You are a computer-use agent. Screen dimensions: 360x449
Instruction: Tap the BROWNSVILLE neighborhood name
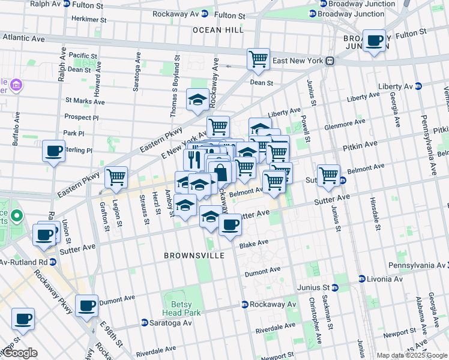194,256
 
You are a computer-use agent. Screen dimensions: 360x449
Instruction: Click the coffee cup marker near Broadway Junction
375,41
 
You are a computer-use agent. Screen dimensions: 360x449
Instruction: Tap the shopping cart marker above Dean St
258,59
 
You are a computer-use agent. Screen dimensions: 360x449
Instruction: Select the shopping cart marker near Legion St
115,177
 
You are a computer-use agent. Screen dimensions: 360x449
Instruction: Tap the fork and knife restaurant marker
194,160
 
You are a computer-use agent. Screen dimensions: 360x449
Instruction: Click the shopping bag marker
220,173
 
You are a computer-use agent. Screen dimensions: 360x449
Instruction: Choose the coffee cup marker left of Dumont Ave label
86,305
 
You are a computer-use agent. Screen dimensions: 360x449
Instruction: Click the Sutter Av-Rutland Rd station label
24,262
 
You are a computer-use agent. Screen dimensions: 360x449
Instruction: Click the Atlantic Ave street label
23,38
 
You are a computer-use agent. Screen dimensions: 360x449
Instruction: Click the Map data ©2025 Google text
411,355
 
